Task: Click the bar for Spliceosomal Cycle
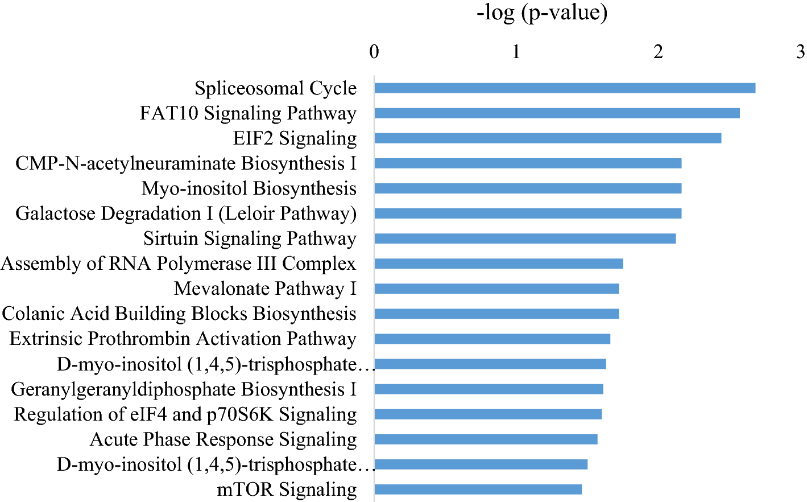click(564, 88)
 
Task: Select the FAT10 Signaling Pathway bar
click(557, 113)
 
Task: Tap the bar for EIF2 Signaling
click(547, 138)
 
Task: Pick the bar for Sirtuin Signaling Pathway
click(524, 238)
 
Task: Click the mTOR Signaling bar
click(478, 489)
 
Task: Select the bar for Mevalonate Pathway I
click(496, 289)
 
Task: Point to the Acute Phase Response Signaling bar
click(485, 439)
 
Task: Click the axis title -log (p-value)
click(541, 13)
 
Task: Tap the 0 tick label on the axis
click(374, 52)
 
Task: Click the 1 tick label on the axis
click(516, 52)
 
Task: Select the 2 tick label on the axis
click(658, 52)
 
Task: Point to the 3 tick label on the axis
click(800, 52)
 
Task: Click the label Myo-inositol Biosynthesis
click(249, 188)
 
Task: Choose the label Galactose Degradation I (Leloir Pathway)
click(186, 213)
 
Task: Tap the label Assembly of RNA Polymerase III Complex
click(179, 264)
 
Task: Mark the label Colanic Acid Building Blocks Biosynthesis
click(179, 314)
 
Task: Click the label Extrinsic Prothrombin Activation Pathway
click(183, 339)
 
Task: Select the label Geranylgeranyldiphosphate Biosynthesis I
click(184, 389)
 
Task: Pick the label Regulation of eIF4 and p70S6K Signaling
click(185, 414)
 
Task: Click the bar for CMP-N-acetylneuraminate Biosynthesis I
click(527, 163)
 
